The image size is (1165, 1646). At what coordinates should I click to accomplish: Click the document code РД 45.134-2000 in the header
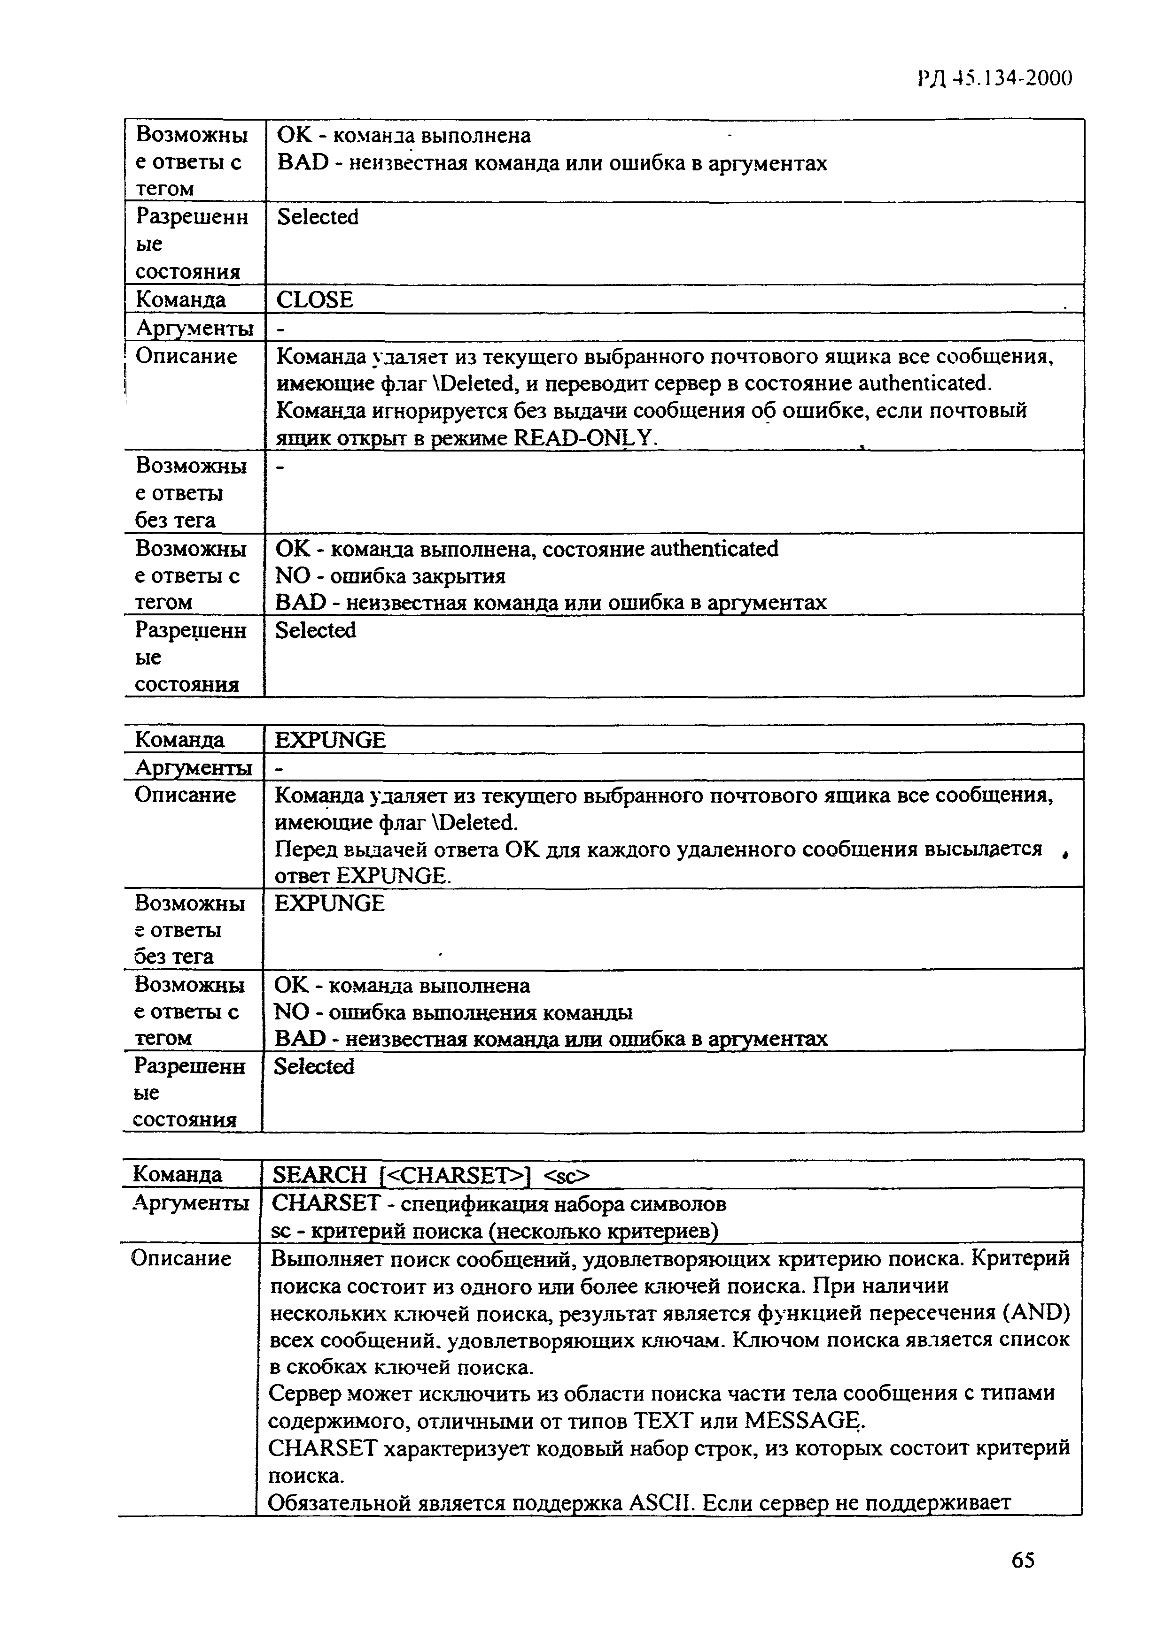(994, 77)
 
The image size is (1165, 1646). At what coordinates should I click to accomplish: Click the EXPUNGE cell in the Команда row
(330, 740)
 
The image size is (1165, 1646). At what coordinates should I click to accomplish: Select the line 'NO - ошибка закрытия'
(390, 576)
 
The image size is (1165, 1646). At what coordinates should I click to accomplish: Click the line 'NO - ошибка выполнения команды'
(453, 1012)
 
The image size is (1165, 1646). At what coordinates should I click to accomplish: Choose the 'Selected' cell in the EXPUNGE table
(314, 1067)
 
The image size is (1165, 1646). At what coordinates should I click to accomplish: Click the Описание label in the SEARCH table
(181, 1259)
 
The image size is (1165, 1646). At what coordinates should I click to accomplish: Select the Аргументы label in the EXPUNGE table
(194, 768)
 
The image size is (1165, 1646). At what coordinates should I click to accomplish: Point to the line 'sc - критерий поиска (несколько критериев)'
(495, 1231)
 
